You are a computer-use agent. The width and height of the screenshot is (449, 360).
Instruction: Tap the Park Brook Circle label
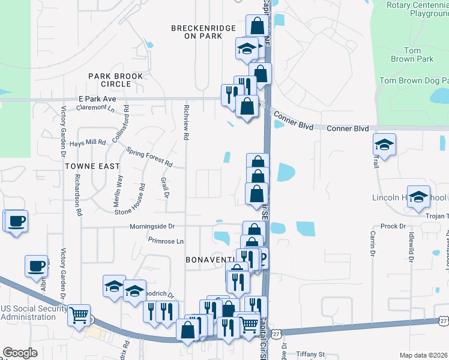(116, 80)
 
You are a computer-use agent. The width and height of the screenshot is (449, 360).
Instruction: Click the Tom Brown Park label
(411, 55)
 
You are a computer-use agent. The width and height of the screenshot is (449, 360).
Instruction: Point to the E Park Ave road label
(97, 98)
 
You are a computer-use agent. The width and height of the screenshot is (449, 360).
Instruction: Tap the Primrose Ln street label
(166, 241)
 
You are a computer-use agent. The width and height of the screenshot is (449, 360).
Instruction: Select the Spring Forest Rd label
(149, 159)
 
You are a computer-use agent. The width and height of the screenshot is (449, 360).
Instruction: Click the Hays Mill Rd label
(88, 143)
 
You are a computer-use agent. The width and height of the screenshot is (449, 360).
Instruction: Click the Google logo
(20, 353)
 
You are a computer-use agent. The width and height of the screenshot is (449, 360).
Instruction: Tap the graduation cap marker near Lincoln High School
(418, 196)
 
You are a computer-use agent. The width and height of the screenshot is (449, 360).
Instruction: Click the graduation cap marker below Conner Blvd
(384, 144)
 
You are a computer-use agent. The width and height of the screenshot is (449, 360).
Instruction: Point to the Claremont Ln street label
(95, 108)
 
